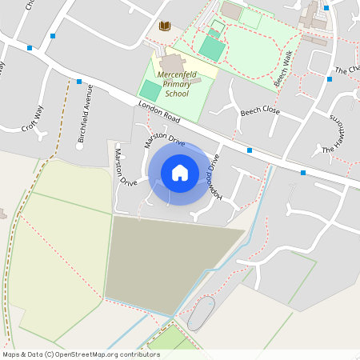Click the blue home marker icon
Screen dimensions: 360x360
180,172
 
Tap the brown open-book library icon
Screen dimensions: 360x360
165,26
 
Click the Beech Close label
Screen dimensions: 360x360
260,111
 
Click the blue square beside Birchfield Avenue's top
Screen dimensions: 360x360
79,82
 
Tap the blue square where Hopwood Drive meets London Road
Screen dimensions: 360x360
250,150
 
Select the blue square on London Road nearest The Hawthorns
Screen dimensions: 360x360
303,173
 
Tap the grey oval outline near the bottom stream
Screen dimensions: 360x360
201,313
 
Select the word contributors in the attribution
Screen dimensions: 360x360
138,354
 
